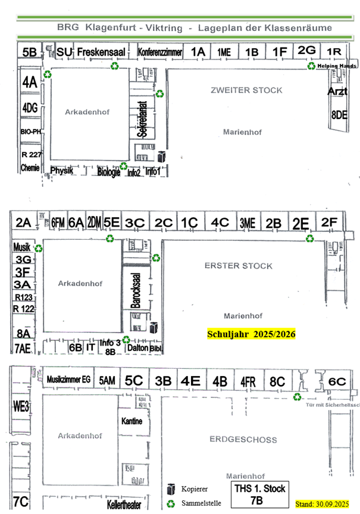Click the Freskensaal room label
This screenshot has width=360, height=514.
101,52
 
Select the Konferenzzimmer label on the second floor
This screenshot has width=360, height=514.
159,52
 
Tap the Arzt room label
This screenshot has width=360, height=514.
337,91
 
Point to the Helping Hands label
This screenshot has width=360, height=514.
337,66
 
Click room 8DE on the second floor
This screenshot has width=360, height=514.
339,115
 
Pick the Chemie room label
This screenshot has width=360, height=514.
29,168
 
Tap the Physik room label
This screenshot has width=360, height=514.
62,171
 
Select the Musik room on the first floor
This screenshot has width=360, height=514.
21,247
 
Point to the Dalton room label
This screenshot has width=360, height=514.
137,348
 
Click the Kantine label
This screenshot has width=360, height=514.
132,421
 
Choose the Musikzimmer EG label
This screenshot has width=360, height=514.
68,379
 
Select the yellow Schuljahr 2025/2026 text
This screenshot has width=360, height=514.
251,334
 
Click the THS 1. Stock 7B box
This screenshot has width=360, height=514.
259,494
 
